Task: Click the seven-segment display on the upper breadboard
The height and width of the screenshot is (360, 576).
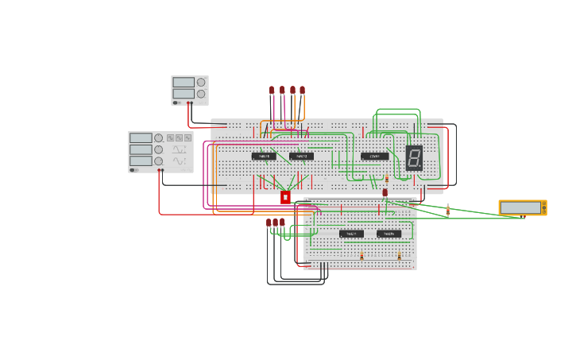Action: point(414,158)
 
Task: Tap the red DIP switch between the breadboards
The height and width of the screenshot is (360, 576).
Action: point(285,197)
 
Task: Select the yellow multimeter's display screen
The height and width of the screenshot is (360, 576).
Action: point(520,208)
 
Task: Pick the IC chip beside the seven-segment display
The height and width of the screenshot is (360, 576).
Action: point(374,157)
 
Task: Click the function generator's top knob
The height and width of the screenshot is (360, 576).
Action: point(159,138)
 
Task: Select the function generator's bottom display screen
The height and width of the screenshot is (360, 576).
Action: point(141,161)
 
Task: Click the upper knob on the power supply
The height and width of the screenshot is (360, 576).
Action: point(201,82)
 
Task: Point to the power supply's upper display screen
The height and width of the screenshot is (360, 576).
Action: point(184,82)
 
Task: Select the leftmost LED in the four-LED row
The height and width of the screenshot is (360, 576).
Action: point(272,90)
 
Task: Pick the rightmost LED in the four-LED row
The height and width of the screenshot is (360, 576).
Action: point(302,90)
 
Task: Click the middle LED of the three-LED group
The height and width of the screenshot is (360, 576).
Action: point(276,223)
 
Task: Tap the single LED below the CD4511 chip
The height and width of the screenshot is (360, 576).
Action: point(385,192)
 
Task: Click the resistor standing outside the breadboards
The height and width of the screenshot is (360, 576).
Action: point(448,210)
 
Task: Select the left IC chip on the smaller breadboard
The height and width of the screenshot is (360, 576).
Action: point(351,234)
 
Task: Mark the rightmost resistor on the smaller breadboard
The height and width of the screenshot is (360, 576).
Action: point(399,256)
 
